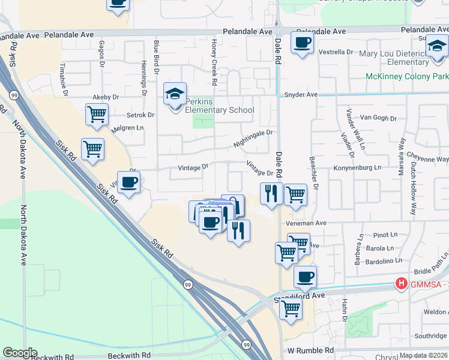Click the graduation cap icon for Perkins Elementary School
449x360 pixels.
tap(175, 95)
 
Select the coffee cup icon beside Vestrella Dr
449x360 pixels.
tap(302, 43)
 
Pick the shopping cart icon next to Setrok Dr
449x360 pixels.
tap(97, 113)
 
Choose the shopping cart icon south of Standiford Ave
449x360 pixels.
tap(291, 309)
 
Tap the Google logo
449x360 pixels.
tap(20, 353)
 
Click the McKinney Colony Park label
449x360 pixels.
tap(407, 76)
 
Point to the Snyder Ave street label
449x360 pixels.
tap(300, 95)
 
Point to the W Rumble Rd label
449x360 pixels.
tap(310, 350)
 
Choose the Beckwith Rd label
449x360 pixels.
tap(52, 357)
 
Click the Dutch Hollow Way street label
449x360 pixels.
tap(414, 188)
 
